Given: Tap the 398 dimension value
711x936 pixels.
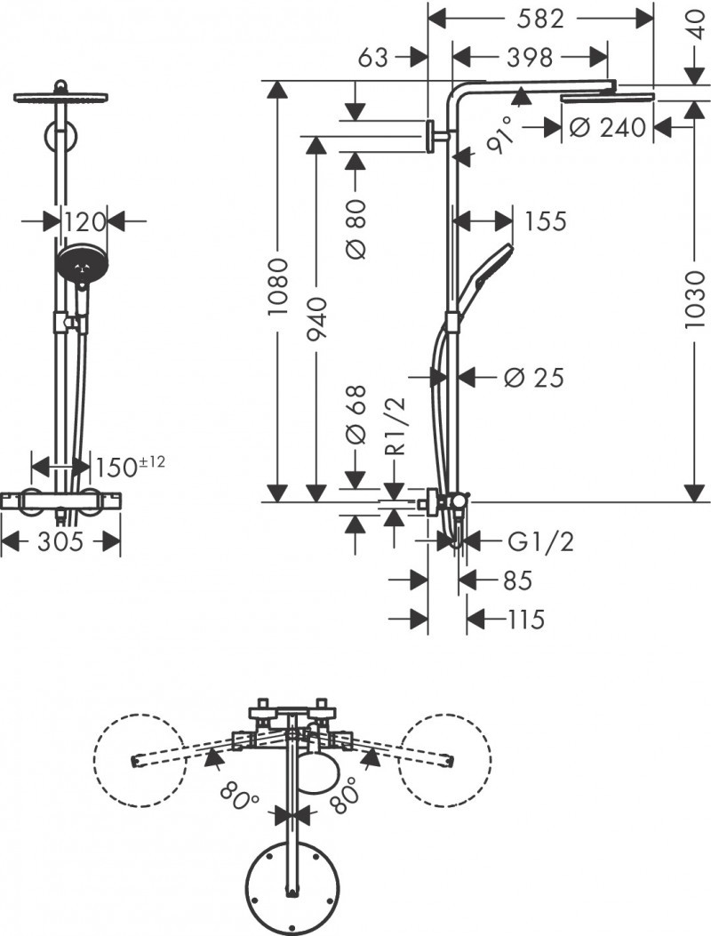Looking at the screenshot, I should point(530,58).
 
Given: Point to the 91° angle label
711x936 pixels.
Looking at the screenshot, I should point(499,134).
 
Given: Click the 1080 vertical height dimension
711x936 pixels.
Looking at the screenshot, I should point(278,289).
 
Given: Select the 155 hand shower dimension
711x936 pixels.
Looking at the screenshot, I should point(545,220).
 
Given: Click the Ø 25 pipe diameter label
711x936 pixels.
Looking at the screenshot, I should point(533,378).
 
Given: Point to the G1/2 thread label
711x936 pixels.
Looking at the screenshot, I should point(540,541).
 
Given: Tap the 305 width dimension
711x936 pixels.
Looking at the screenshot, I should point(60,540).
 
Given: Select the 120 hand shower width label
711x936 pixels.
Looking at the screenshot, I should point(84,220).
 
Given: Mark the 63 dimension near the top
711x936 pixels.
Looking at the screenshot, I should point(374,58).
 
